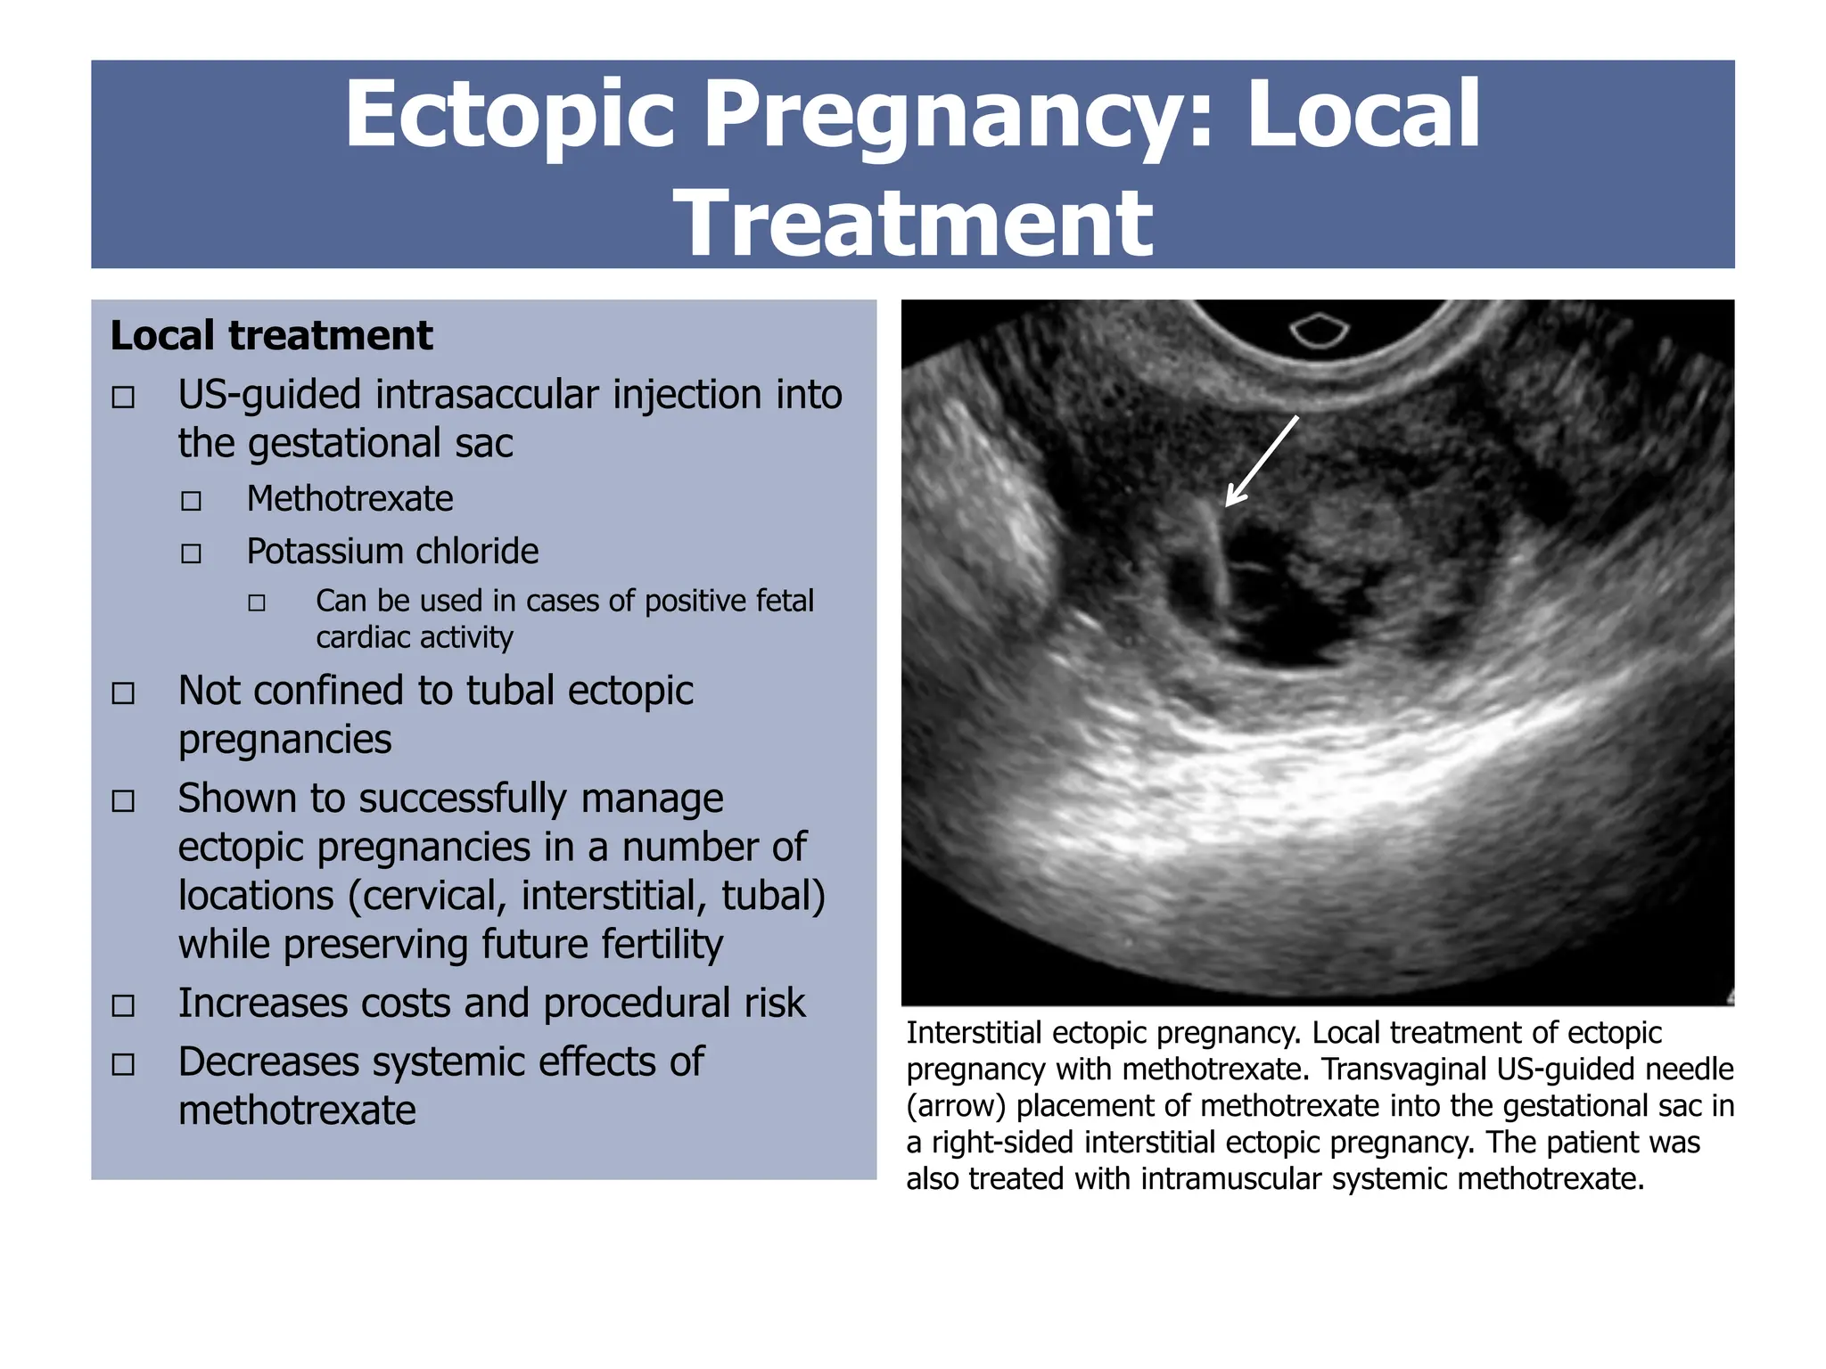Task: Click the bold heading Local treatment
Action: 271,336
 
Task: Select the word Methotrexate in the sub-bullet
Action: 350,499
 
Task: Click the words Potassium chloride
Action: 392,552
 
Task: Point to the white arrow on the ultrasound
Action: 1261,462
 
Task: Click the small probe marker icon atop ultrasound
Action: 1320,330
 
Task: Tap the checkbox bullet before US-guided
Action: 123,397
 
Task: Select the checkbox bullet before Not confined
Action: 123,693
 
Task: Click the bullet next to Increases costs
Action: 123,1005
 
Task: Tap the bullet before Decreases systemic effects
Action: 123,1064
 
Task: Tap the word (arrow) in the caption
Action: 956,1106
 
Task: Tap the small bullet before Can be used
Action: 257,603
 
